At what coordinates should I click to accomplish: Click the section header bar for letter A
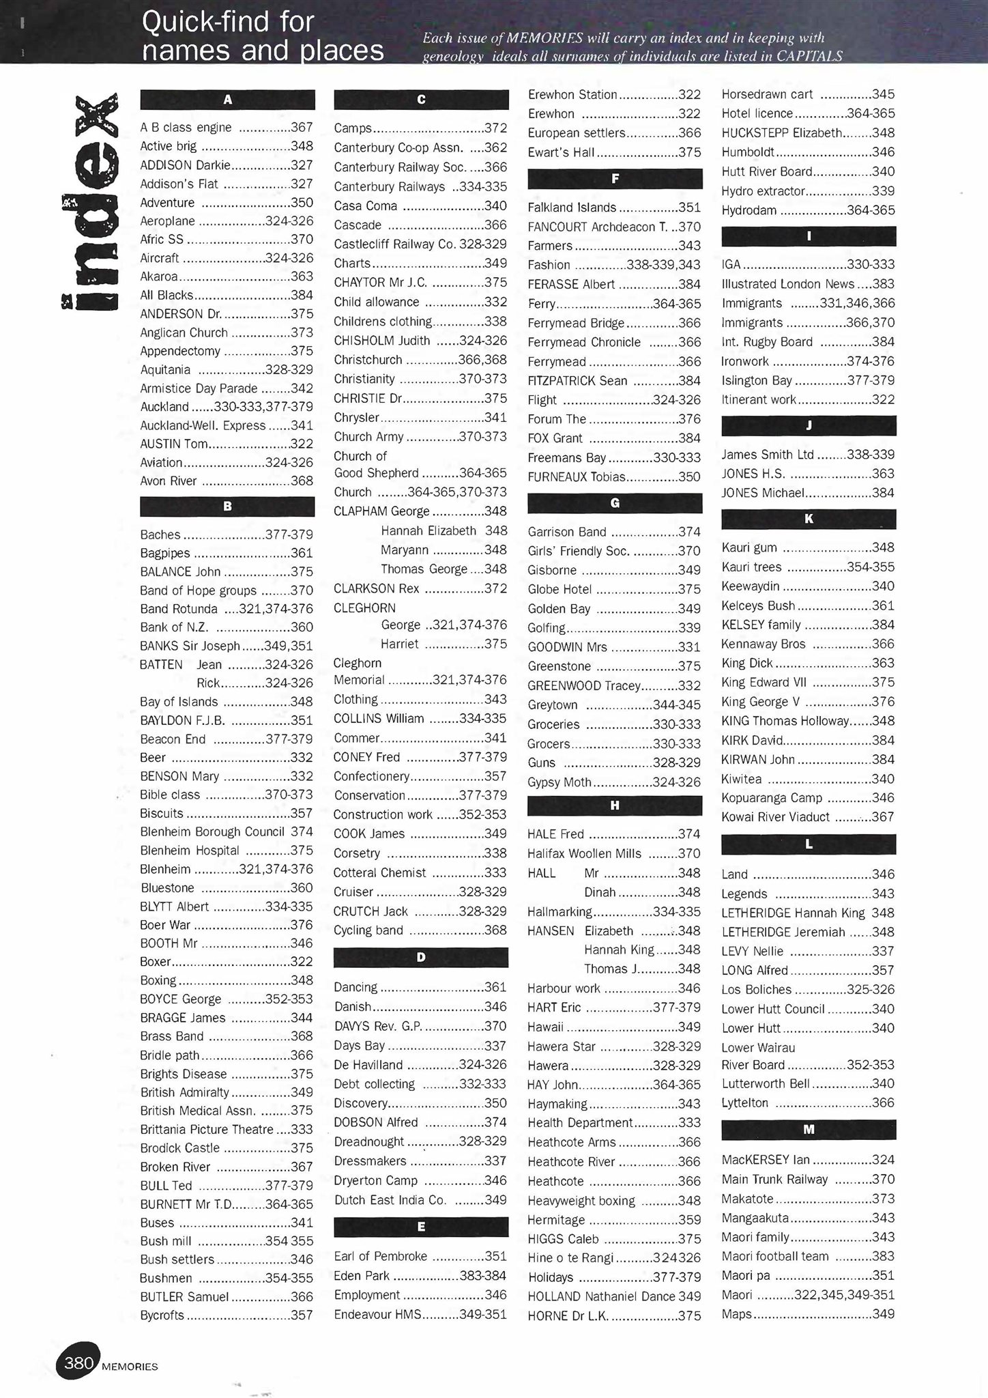[x=227, y=100]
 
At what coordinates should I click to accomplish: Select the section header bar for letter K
[x=809, y=519]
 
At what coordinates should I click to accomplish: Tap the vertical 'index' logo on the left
[x=91, y=202]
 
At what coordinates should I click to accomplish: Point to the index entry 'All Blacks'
[x=166, y=296]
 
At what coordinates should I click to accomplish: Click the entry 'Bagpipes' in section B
[x=165, y=553]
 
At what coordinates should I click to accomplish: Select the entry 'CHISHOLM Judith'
[x=381, y=341]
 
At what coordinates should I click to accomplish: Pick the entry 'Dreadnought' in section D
[x=368, y=1141]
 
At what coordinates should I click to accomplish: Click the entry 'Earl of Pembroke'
[x=380, y=1256]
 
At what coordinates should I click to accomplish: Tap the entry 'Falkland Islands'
[x=572, y=208]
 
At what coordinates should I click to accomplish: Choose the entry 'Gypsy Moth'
[x=560, y=782]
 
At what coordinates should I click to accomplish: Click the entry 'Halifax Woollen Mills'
[x=584, y=853]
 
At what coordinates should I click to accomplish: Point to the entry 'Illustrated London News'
[x=787, y=284]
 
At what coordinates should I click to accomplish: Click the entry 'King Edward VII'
[x=764, y=682]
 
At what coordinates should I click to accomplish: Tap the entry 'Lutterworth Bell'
[x=766, y=1083]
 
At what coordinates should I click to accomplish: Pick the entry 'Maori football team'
[x=774, y=1256]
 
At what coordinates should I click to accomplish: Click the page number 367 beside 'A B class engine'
[x=302, y=128]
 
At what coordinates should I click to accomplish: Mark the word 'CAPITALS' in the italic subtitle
[x=809, y=56]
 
